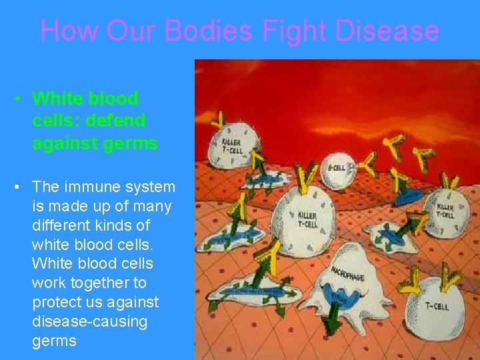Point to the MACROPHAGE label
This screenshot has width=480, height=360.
(348, 273)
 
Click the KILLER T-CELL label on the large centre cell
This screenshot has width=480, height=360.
(308, 219)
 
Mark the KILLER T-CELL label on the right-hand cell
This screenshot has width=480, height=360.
(445, 211)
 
